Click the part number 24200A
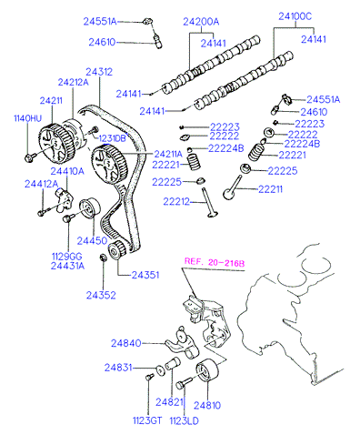(201, 22)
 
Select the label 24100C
(295, 16)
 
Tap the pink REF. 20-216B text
(215, 262)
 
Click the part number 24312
(99, 72)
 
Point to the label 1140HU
(28, 118)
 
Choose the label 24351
(145, 275)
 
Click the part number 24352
(101, 295)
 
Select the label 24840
(126, 343)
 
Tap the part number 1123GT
(147, 420)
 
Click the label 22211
(270, 189)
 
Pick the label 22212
(176, 201)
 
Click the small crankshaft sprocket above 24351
(116, 250)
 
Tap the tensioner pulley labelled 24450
(90, 207)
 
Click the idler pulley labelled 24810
(207, 369)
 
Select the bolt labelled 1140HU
(30, 157)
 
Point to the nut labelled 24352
(103, 258)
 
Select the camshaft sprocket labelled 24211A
(109, 164)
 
